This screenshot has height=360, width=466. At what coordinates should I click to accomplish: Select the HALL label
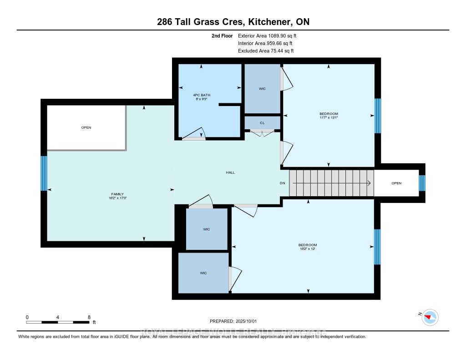pos(230,172)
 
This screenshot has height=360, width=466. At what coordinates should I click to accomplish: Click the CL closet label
pos(262,123)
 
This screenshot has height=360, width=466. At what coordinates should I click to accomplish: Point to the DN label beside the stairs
pos(282,183)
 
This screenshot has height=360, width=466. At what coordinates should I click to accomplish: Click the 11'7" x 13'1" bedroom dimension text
pos(328,117)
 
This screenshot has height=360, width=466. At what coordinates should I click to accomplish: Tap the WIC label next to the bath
pos(262,88)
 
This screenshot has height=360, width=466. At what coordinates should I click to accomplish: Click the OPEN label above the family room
pos(86,127)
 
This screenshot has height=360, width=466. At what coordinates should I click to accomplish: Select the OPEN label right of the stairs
pos(396,183)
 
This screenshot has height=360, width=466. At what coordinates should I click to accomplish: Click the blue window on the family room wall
pos(44,173)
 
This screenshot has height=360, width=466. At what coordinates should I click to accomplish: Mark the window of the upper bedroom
pos(377,116)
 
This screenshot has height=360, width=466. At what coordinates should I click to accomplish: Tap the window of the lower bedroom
pos(377,247)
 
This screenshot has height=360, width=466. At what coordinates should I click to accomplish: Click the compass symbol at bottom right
pos(430,317)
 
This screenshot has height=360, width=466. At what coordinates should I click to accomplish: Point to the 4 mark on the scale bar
pos(58,317)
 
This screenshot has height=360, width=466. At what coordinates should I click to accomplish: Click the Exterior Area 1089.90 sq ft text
pos(267,35)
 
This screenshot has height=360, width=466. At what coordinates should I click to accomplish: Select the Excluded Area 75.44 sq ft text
pos(265,51)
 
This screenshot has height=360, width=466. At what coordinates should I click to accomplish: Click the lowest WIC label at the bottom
pos(203,273)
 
